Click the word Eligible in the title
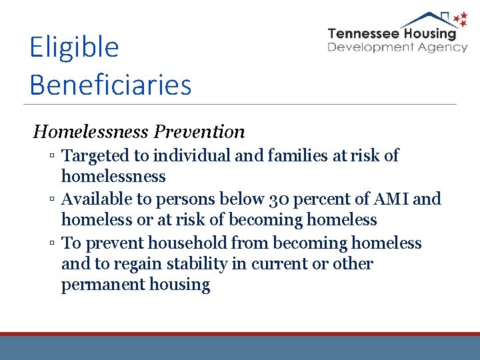coord(74,48)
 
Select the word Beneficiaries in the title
coord(110,85)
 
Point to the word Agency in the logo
coord(444,47)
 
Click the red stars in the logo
coord(459,21)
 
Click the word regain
coord(137,264)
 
